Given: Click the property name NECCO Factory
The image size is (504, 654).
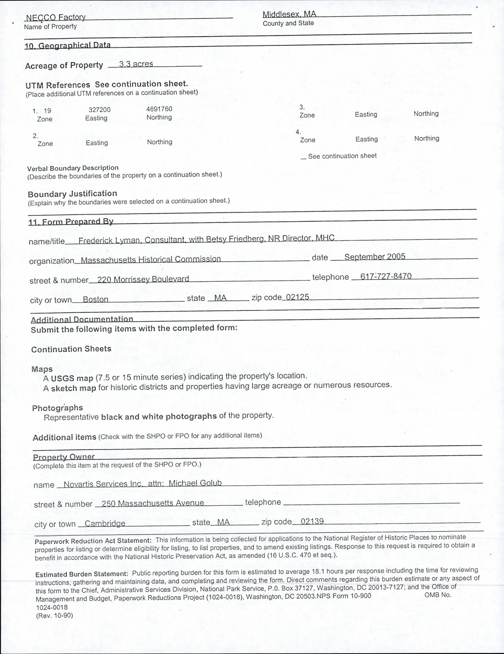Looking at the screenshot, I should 55,17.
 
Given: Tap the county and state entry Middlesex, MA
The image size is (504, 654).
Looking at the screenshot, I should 289,14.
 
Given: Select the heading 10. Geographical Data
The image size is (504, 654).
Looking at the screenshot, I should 68,45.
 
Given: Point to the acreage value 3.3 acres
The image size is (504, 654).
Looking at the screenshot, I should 136,64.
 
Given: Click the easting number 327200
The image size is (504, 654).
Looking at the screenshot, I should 99,110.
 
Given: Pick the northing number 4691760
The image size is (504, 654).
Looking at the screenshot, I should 159,109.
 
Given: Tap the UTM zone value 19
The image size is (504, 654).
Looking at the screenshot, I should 47,111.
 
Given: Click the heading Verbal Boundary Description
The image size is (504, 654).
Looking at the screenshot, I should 73,168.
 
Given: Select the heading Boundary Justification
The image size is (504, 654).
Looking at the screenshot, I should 72,194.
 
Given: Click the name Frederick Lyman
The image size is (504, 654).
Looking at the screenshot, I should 109,240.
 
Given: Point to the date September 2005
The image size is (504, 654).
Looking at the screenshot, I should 375,256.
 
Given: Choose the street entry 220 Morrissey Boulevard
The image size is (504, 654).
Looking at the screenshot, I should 143,279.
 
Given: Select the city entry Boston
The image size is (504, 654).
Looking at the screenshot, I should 95,300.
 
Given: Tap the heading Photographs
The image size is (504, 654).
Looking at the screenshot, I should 57,408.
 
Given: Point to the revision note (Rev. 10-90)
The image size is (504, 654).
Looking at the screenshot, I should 54,616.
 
